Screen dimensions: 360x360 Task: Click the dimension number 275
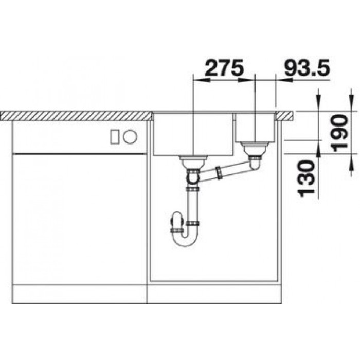click(224, 68)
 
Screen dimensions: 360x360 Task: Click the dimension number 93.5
click(307, 68)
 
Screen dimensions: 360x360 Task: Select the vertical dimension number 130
click(305, 179)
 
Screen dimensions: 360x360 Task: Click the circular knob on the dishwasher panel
click(130, 137)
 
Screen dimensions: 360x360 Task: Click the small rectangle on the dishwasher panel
click(115, 137)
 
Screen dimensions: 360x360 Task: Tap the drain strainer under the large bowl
click(193, 162)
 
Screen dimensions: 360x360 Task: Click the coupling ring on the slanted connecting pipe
click(219, 173)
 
